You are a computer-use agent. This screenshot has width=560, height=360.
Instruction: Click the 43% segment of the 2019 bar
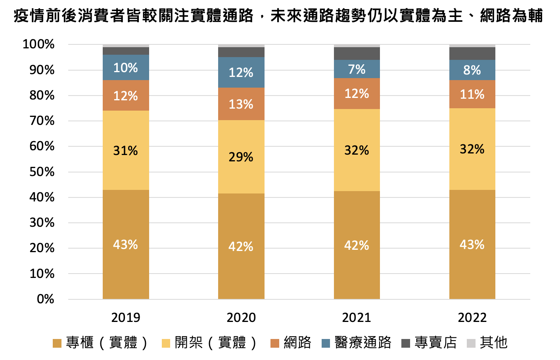(x=126, y=244)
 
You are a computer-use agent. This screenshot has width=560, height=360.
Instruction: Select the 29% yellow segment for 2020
(x=241, y=157)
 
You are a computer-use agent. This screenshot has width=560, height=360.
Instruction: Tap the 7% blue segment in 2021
(x=357, y=69)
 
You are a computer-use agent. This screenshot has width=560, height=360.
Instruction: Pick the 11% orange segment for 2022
(x=472, y=94)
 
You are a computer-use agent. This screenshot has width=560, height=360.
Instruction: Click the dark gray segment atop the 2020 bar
(x=241, y=52)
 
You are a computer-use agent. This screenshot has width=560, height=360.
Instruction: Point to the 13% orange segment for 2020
(x=241, y=104)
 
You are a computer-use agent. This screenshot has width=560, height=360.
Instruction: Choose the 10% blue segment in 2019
(x=126, y=68)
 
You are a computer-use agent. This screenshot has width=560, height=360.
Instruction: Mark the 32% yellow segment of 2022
(x=472, y=149)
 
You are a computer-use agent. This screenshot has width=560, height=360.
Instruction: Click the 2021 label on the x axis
(x=357, y=318)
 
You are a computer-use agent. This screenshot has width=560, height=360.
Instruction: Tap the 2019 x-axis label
(x=126, y=318)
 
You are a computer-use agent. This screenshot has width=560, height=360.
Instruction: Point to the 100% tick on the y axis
(x=38, y=44)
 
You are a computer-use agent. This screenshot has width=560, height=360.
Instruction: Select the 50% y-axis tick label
(x=42, y=172)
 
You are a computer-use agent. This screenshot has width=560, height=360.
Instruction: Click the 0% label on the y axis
(x=45, y=299)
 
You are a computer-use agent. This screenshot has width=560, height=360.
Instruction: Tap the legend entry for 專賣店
(x=430, y=343)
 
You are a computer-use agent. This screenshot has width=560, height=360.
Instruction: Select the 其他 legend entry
(x=488, y=343)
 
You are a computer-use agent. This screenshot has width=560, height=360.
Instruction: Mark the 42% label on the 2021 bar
(x=357, y=246)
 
